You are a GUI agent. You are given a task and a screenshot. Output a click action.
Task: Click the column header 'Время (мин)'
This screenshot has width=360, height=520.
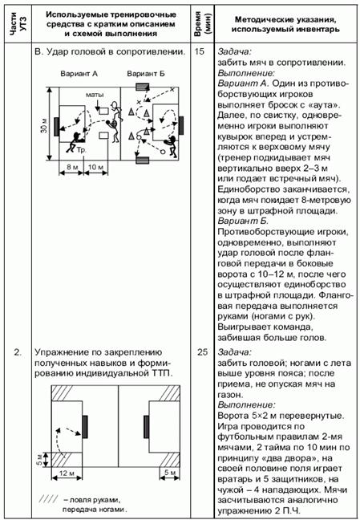tap(202, 22)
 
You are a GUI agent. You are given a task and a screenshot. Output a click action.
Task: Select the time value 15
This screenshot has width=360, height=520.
tap(200, 52)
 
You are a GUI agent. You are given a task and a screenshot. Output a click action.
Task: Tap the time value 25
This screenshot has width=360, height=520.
tap(202, 352)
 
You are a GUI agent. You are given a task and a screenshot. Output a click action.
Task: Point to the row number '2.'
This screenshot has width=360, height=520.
tap(17, 352)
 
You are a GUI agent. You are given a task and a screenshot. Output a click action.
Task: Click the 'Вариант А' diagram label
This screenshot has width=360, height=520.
tap(79, 74)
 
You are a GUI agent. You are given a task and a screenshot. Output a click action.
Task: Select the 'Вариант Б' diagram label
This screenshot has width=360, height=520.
tap(146, 74)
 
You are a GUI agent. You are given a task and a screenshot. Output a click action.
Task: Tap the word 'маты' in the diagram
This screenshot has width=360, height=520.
tap(95, 95)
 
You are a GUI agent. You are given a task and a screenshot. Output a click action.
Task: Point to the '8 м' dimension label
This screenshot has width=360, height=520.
tap(71, 167)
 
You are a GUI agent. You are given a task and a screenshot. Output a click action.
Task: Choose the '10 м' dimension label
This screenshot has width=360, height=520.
tap(96, 167)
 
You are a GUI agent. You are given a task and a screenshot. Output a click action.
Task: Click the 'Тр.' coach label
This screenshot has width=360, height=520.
tap(82, 150)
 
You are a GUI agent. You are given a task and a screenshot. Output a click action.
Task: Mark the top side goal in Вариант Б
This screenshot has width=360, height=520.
tap(143, 87)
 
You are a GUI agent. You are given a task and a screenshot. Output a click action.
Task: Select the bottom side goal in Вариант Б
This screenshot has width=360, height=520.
tap(143, 160)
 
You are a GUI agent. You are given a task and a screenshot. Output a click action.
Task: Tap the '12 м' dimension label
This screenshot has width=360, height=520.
tap(67, 473)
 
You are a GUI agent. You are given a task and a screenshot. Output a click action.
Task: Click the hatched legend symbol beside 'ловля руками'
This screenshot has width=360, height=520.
tap(49, 499)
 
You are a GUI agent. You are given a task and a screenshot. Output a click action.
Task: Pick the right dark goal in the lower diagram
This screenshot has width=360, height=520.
tap(146, 426)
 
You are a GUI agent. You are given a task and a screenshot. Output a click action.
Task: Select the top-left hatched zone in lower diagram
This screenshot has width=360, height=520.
tap(67, 393)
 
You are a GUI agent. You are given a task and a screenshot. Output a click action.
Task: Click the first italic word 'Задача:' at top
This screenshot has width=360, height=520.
tap(235, 52)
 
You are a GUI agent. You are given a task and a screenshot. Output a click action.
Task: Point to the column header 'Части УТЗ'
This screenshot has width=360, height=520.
tap(18, 24)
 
